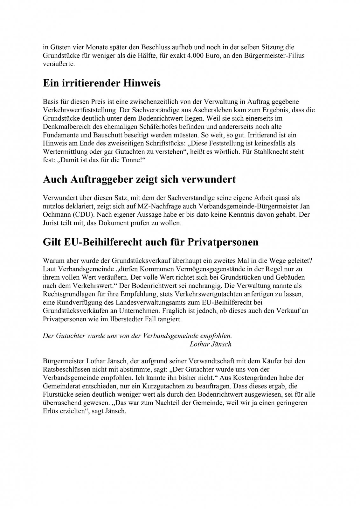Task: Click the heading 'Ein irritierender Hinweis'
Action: [x=101, y=84]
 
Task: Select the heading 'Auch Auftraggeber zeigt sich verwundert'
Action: [x=139, y=179]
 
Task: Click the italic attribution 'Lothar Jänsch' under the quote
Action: [x=210, y=344]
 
